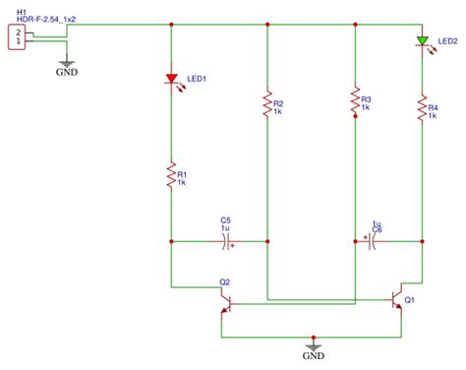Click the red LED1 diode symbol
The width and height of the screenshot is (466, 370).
(x=172, y=78)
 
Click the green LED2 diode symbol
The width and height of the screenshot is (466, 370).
(x=422, y=41)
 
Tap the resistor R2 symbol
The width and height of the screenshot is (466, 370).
(x=267, y=104)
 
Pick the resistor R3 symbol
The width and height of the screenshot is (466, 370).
(x=354, y=103)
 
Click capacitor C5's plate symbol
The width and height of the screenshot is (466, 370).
(x=226, y=238)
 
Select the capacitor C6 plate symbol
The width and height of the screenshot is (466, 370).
(x=374, y=238)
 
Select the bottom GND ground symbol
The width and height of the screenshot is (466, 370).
(x=314, y=348)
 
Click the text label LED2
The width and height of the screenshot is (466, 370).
(x=447, y=41)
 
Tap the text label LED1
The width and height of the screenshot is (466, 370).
(x=199, y=80)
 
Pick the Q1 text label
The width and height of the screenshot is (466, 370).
(x=410, y=299)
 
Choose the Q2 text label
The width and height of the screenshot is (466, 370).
(x=225, y=282)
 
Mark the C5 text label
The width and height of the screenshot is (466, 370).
(x=225, y=219)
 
